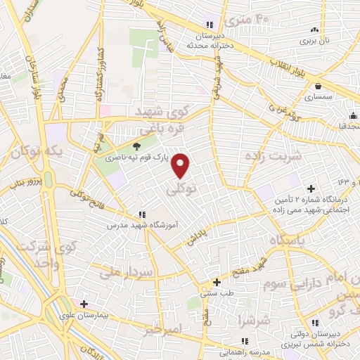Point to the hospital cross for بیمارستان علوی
84,304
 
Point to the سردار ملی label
127,269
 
